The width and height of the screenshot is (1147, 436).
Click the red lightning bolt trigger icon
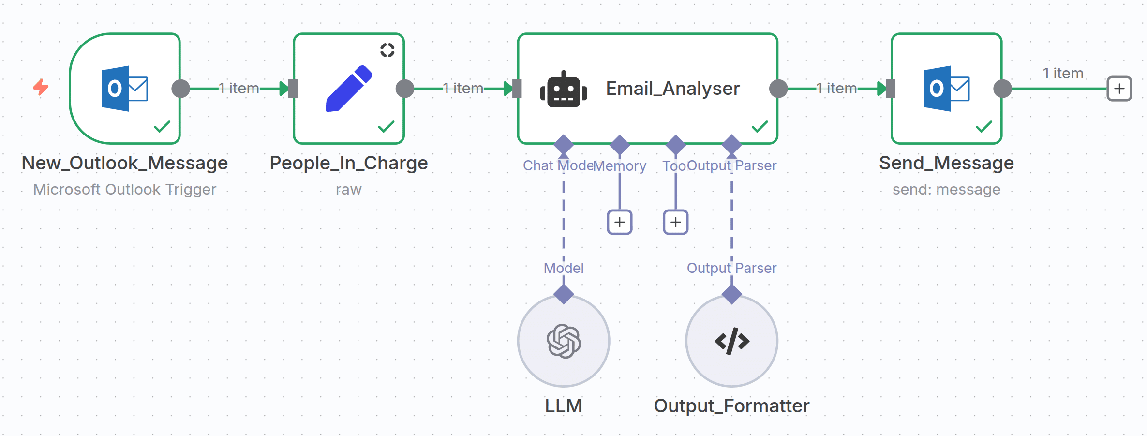41,88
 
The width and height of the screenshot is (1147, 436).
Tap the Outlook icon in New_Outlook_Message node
124,89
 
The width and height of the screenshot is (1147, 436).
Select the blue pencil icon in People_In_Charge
349,89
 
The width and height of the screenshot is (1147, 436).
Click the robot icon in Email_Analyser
564,89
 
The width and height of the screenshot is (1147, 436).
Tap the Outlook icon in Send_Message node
946,89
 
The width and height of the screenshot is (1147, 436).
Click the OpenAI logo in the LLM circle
564,341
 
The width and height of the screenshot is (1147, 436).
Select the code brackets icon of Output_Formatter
732,341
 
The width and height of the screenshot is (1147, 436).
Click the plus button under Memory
620,222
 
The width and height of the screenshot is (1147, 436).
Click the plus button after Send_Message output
1119,89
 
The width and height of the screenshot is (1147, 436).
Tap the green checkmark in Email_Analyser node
760,127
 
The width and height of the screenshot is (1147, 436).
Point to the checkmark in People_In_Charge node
386,127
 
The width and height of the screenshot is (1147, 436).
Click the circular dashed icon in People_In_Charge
387,50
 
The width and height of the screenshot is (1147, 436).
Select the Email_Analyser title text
672,89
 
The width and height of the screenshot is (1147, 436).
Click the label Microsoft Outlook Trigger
124,189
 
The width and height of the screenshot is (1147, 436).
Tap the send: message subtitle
946,189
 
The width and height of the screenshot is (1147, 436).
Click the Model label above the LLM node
564,268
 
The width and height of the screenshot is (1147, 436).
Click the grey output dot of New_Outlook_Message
180,89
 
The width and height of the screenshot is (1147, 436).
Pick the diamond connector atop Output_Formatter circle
731,294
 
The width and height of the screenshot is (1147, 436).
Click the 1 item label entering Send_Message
836,89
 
